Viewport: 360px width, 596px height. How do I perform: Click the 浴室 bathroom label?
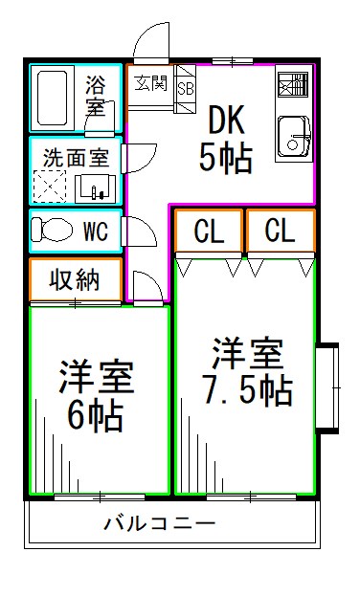pos(96,96)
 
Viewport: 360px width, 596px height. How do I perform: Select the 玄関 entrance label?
pos(150,82)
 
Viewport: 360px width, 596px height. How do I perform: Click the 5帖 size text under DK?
pos(226,158)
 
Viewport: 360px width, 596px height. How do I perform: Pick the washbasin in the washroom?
pos(95,187)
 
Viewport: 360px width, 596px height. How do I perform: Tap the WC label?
pos(95,231)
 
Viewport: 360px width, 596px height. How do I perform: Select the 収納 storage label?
pos(74,279)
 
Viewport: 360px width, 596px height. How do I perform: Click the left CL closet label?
pos(209,231)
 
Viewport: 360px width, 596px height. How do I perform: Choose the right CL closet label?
pos(280,231)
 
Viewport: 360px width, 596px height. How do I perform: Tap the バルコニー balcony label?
pos(160,523)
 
